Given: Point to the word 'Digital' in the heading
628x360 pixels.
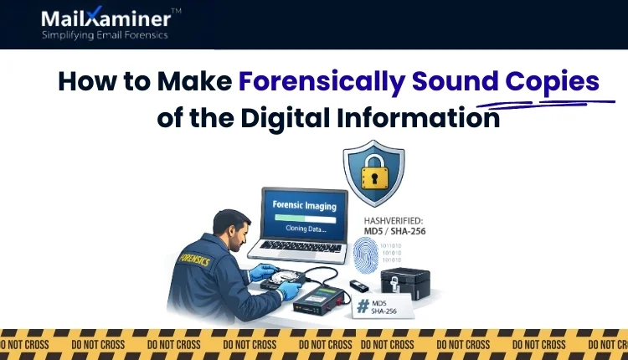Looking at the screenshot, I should pos(287,118).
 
